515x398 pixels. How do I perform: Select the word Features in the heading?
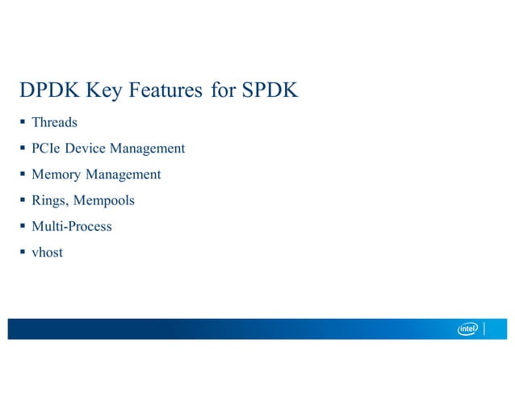click(166, 91)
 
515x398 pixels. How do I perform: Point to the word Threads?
click(54, 123)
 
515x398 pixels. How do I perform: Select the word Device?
click(85, 149)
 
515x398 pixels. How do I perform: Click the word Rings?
click(48, 200)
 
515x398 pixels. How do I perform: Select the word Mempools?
click(104, 200)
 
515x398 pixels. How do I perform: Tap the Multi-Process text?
click(71, 226)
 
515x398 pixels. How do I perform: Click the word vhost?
click(47, 252)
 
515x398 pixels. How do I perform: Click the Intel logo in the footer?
click(468, 329)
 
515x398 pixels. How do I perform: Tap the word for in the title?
click(221, 91)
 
